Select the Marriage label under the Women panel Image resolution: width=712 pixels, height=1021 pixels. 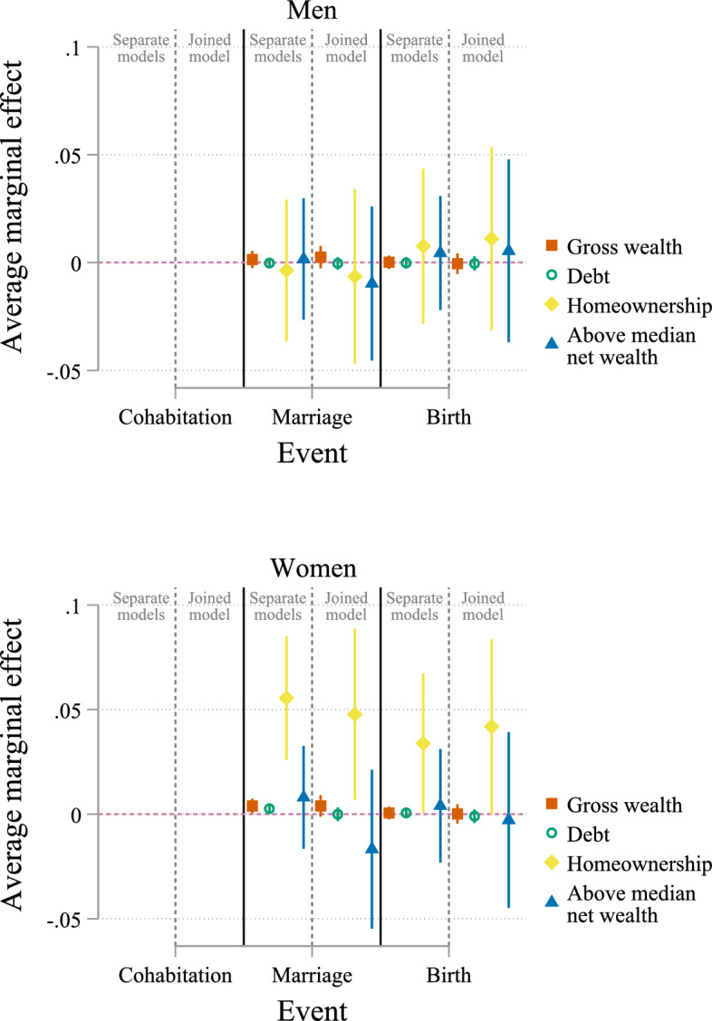[313, 976]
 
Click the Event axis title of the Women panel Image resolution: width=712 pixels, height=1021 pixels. [313, 1007]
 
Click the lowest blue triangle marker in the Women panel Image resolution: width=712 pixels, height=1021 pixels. [371, 848]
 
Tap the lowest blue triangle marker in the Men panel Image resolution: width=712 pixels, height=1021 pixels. [371, 282]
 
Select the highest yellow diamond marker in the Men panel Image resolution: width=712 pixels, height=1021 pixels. [492, 239]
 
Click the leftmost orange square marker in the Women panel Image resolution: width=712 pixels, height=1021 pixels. [253, 806]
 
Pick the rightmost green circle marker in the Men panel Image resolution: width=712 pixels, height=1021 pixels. [474, 263]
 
